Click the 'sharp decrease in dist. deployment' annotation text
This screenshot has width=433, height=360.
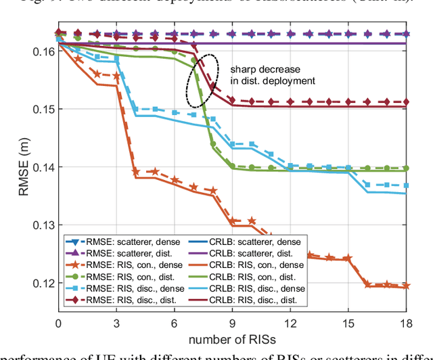[273, 75]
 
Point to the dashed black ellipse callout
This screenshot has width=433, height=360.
[203, 80]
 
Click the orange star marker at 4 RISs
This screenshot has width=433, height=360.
[135, 172]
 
